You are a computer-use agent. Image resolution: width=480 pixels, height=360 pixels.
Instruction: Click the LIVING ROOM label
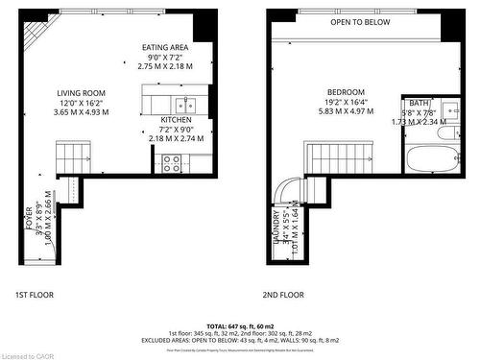pos(82,93)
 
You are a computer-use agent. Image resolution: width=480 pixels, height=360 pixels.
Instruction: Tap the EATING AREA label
pos(164,47)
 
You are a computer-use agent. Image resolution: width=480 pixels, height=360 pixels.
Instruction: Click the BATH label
pos(419,103)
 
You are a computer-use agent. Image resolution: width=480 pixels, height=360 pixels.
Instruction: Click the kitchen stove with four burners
pos(173,164)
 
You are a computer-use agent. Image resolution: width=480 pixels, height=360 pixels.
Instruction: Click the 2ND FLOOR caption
pos(283,295)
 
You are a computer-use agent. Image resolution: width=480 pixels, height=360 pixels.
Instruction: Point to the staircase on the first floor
pos(73,156)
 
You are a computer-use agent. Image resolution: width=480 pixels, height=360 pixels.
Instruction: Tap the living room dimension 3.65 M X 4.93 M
pos(82,112)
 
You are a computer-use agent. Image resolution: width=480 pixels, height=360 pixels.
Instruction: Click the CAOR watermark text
pos(22,354)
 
